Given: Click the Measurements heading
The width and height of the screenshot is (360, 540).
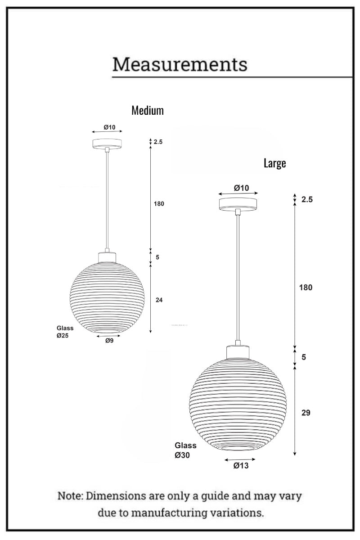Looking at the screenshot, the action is tap(180, 64).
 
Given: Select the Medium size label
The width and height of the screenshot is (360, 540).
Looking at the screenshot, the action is tap(148, 110).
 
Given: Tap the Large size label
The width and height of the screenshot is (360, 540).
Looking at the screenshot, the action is tap(274, 163).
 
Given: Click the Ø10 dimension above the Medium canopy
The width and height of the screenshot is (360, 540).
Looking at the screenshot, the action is tap(109, 127).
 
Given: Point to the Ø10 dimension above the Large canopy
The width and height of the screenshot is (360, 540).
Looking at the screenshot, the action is tap(241, 188).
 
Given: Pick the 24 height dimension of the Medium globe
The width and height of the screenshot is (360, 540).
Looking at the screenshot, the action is tap(159, 300).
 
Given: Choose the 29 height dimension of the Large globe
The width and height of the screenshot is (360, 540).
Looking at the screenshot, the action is tap(306, 413).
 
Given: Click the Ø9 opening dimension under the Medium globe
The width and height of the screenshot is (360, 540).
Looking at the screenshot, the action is tap(109, 341).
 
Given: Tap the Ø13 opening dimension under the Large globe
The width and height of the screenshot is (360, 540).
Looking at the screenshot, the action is tap(241, 465).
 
